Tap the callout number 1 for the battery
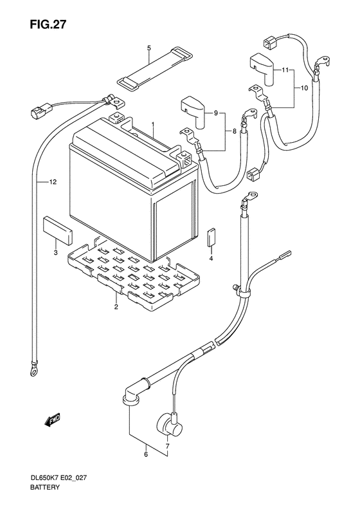tap(153, 124)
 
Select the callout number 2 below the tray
tap(116, 308)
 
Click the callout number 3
tap(56, 252)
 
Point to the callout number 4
tap(211, 259)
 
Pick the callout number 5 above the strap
tap(148, 48)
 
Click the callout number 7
tap(167, 446)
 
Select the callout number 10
tap(304, 87)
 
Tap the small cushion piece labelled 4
tap(212, 237)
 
